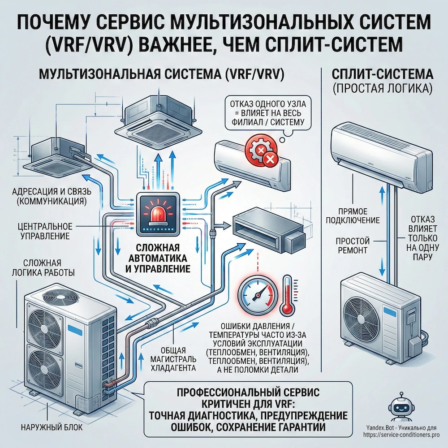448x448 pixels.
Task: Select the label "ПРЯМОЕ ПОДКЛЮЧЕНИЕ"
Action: [358, 215]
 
